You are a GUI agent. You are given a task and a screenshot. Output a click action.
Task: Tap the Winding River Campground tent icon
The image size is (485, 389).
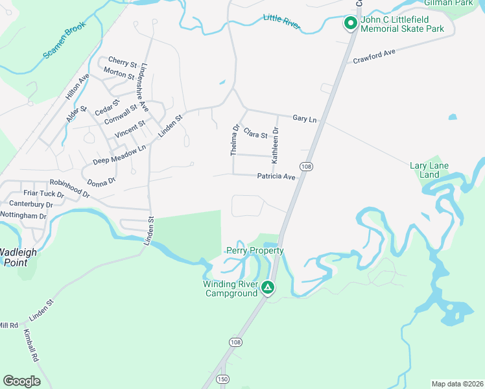(267, 287)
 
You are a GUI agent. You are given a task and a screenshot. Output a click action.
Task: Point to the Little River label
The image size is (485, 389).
(282, 21)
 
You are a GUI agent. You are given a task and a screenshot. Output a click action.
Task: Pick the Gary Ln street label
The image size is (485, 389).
(304, 119)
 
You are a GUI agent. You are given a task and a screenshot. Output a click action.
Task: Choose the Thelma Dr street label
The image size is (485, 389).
(235, 139)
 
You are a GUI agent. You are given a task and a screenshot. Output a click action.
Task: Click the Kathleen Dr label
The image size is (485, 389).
(276, 144)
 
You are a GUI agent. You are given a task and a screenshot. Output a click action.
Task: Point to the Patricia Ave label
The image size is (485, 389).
(276, 176)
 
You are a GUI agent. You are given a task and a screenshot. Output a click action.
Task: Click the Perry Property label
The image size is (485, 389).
(255, 250)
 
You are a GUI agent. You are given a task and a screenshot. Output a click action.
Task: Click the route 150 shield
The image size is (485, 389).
(222, 379)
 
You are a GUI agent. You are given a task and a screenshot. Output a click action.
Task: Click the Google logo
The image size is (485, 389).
(21, 381)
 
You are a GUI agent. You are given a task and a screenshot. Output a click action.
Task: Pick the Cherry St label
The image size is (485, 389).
(123, 63)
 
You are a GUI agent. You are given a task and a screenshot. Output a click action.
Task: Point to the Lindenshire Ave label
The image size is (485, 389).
(143, 88)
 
